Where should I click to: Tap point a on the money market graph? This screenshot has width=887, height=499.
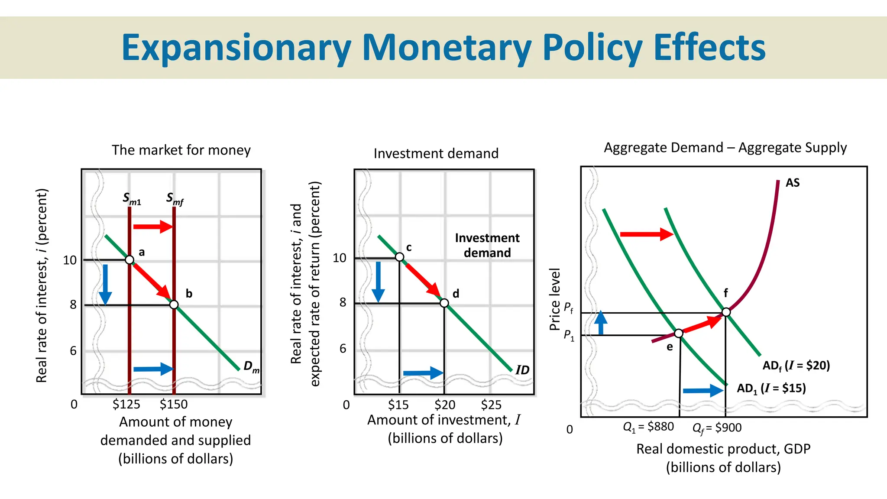point(129,260)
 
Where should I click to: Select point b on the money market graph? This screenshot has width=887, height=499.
point(174,305)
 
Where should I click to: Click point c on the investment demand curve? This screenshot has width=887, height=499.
point(400,257)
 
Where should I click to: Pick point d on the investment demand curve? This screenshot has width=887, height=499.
point(444,303)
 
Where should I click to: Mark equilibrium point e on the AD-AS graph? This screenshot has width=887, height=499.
point(679,333)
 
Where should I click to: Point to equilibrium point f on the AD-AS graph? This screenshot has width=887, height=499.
point(726,312)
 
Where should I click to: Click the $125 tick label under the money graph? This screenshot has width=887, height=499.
point(126,404)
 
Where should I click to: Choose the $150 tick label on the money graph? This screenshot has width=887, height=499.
point(174,404)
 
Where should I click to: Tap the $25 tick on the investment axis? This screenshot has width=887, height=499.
point(491,405)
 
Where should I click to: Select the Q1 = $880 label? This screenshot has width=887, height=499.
point(648,427)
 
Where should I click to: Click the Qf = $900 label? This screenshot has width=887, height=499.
point(717,428)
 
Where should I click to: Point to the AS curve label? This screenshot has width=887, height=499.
point(793,183)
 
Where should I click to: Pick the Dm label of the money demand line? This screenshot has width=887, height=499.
point(251,367)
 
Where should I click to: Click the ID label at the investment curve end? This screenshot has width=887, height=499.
point(522,370)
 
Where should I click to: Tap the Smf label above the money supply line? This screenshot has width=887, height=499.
point(175,199)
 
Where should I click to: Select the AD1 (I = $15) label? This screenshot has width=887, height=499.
point(771,388)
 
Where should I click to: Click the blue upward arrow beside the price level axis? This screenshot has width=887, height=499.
point(601,323)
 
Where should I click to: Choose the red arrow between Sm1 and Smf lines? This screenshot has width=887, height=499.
point(153,226)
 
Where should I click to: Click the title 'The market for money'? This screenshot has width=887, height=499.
point(181,150)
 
